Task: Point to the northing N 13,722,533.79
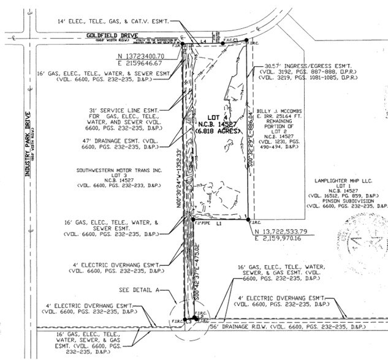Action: tap(286, 231)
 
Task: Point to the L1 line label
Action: tap(218, 225)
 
